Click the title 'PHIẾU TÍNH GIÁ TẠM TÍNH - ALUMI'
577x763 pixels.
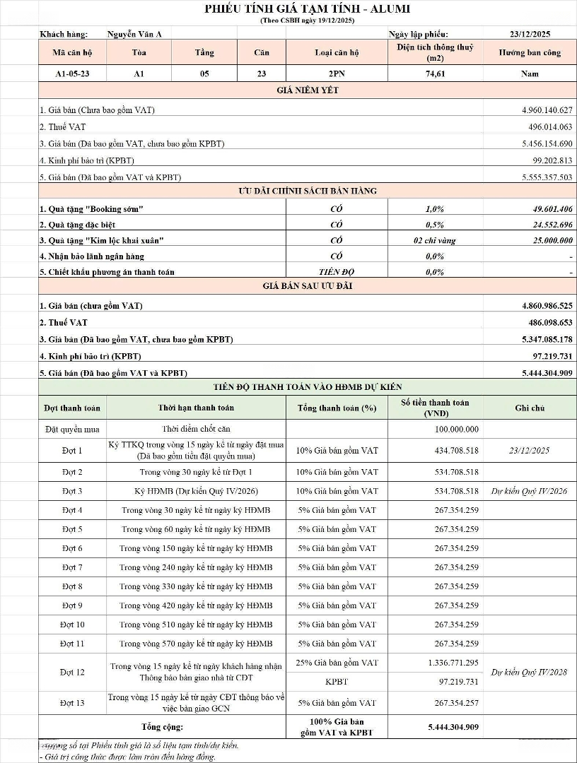[x=307, y=8]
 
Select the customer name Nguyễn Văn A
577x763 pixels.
[x=134, y=33]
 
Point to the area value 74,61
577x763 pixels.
[x=435, y=73]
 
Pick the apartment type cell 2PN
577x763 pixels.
[x=337, y=73]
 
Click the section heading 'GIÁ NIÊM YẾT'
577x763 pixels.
[x=307, y=90]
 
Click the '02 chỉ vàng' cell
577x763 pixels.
[x=435, y=240]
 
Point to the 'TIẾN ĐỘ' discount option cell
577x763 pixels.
[x=337, y=271]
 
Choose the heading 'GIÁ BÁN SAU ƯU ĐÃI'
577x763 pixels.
[x=307, y=286]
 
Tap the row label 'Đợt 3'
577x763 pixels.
[x=71, y=491]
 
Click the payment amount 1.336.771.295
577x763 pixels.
[x=453, y=663]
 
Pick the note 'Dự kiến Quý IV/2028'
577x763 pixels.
[x=529, y=673]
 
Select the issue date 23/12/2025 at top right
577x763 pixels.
[x=530, y=33]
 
